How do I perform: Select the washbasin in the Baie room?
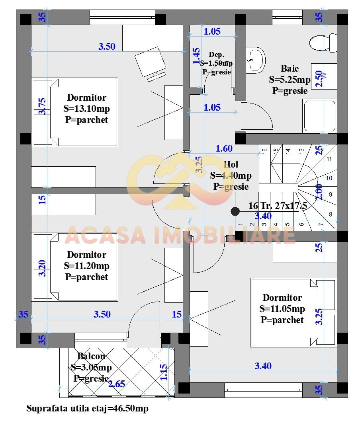(255, 60)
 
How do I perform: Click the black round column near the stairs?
(235, 211)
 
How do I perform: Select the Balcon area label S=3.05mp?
(91, 367)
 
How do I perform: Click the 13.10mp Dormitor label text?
(86, 108)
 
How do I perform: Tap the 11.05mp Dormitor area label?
(282, 309)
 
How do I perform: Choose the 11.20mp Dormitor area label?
(86, 266)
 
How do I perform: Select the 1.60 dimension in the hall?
(224, 148)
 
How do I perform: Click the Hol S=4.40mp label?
(231, 175)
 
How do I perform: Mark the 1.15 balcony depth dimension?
(164, 372)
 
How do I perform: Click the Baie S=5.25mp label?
(290, 79)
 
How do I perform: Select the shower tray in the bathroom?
(320, 115)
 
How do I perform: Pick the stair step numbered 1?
(241, 225)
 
